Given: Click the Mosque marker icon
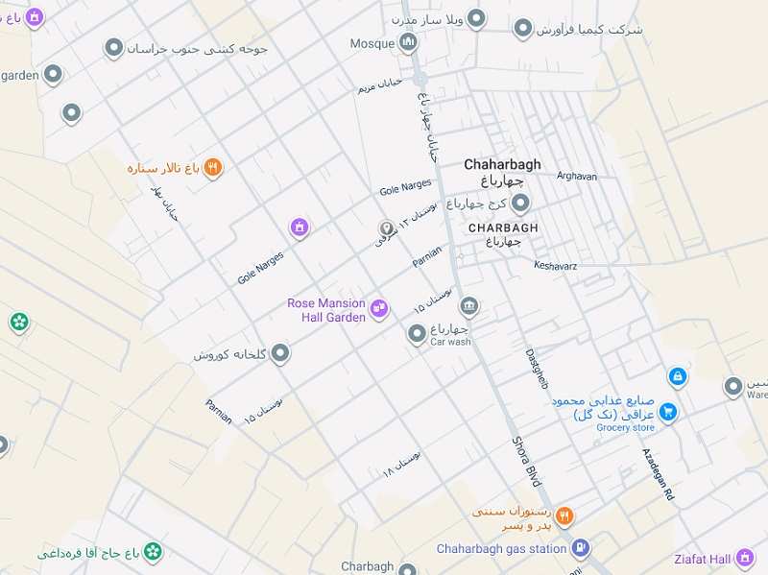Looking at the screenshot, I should [408, 42].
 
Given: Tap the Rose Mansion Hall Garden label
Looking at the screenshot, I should [326, 310].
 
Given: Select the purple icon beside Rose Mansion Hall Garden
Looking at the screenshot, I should [379, 308].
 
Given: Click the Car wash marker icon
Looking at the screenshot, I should [418, 333].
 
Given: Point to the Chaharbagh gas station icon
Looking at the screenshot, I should [580, 548].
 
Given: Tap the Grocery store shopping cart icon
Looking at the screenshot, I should [668, 413].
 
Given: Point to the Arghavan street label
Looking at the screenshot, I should [576, 177].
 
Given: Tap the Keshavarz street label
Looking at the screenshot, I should [555, 265].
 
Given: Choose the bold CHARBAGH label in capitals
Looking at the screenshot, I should [503, 228].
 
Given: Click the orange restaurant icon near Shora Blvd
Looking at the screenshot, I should [564, 515].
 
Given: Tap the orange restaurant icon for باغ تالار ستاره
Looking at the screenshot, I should [213, 167].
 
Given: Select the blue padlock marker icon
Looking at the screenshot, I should [677, 376].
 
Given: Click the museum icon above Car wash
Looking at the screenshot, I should [469, 306].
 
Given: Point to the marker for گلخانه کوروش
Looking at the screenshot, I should [280, 354].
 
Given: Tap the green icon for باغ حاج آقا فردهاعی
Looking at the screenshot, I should [153, 552].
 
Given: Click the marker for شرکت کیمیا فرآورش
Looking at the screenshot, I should [522, 28].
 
